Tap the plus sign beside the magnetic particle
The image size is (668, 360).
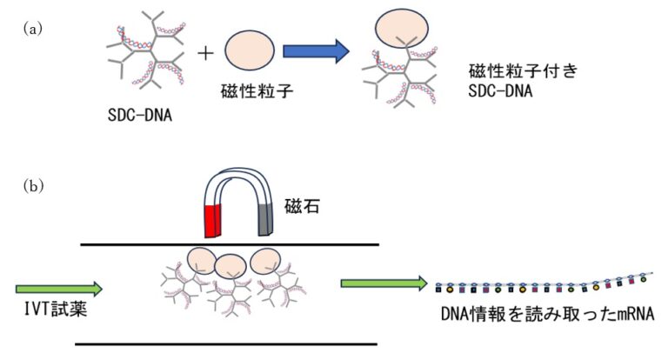click(205, 53)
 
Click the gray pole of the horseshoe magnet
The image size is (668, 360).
click(267, 221)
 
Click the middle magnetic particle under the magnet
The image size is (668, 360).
click(230, 264)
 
